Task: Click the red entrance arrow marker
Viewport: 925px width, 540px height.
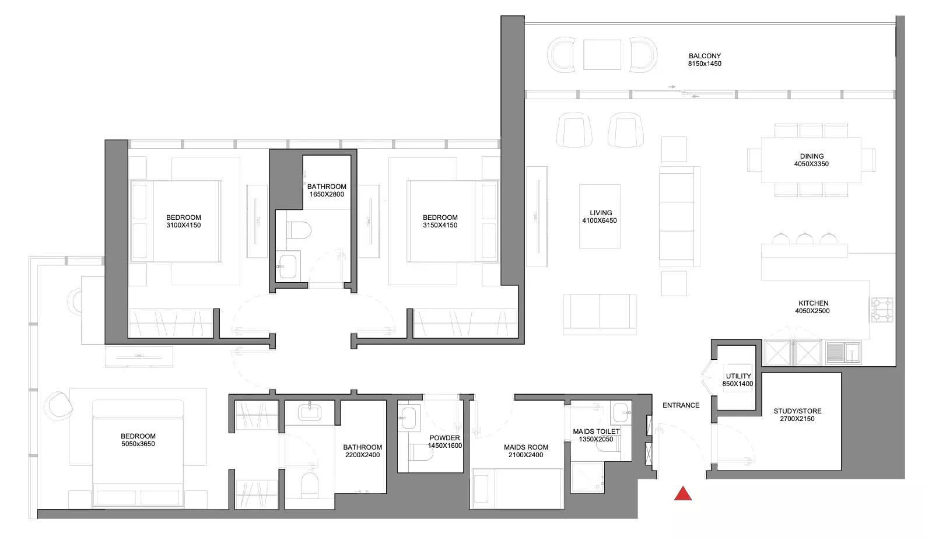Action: click(x=682, y=493)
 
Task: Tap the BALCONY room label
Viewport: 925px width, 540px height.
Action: click(x=705, y=56)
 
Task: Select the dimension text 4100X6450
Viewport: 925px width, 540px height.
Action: click(x=599, y=220)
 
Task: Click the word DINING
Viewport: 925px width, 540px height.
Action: click(x=811, y=156)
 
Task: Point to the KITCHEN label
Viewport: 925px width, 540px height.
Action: click(x=813, y=303)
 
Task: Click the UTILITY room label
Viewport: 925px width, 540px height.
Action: click(x=738, y=376)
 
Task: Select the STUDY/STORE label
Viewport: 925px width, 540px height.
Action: click(x=797, y=411)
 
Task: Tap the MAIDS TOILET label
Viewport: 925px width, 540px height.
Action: click(x=596, y=432)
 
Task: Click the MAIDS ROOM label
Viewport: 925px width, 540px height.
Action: click(x=525, y=447)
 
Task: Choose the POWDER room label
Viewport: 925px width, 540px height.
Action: click(x=444, y=438)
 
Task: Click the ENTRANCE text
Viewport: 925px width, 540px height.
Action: click(x=681, y=405)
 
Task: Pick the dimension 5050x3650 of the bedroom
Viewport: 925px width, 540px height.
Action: click(x=138, y=444)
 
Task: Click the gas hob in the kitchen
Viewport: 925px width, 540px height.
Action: click(x=882, y=310)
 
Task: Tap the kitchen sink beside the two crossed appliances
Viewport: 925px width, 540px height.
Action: click(x=843, y=353)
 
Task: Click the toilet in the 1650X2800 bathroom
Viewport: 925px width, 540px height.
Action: click(x=299, y=230)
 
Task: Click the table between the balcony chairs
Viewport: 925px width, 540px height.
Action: click(x=602, y=54)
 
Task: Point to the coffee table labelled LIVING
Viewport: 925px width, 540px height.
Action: click(x=600, y=216)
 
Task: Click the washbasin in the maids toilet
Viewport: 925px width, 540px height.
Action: click(x=621, y=413)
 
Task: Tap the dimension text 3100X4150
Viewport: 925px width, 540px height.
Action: click(x=183, y=225)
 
